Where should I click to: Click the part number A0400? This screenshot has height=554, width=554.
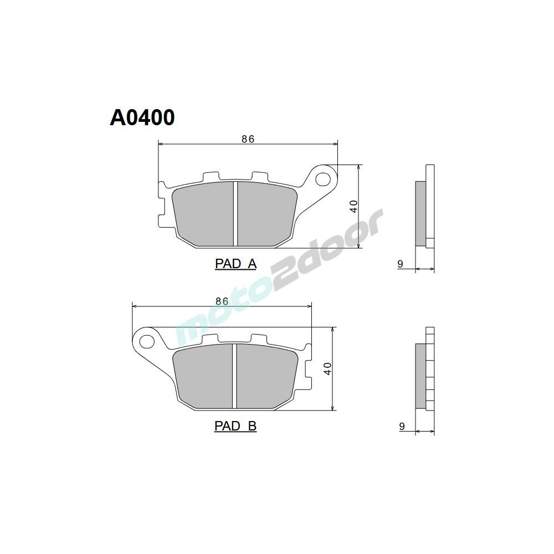142,117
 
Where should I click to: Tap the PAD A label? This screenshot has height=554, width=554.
235,264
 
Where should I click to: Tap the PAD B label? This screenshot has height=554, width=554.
235,426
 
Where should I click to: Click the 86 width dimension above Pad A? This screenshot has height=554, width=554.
248,139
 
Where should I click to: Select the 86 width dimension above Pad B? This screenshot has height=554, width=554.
222,301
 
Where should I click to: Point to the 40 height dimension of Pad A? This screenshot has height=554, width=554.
352,207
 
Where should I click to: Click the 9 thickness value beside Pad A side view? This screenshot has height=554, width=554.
400,264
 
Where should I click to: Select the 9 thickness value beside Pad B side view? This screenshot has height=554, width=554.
400,426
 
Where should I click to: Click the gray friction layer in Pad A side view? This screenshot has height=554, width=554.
420,213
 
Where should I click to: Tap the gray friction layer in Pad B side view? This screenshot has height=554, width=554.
420,376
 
